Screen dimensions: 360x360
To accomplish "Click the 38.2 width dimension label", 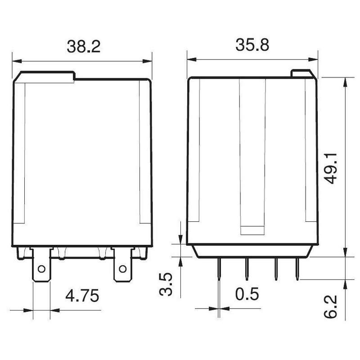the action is coord(84,47).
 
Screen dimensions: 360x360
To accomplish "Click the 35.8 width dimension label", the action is coord(252,45).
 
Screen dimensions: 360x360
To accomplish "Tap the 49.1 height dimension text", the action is coord(331,168).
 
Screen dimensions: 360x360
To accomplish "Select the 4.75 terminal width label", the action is coord(82,296).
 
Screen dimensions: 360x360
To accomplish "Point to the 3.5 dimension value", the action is coord(166,284).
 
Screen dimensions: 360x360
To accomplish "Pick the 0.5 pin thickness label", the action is coord(247,294).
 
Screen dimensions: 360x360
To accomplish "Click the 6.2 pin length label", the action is coord(331,306).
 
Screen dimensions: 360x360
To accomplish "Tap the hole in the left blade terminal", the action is coord(41,269).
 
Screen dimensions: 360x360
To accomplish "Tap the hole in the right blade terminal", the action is coord(122,269).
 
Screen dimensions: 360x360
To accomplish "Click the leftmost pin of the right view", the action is coord(219,269).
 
